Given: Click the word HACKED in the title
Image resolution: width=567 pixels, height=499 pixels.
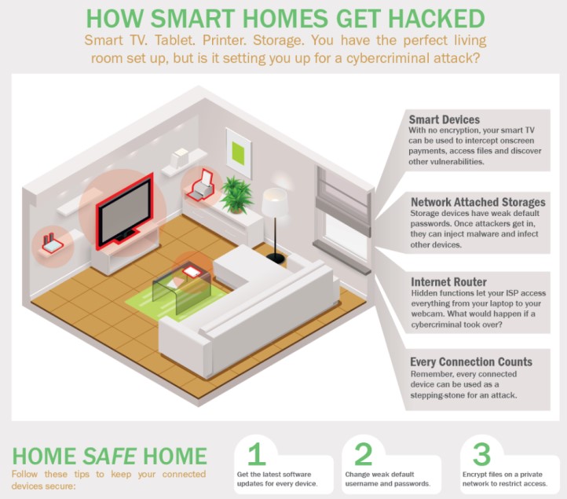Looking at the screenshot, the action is pyautogui.click(x=437, y=18).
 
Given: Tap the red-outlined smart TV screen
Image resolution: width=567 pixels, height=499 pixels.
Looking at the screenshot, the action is pyautogui.click(x=125, y=211).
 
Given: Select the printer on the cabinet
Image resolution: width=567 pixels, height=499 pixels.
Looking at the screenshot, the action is pyautogui.click(x=201, y=185).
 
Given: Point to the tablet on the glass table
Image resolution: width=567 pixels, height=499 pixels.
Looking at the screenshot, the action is pyautogui.click(x=191, y=271).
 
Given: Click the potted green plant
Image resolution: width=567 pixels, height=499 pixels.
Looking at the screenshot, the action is pyautogui.click(x=236, y=194).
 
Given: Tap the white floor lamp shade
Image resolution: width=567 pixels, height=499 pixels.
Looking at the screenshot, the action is pyautogui.click(x=274, y=202).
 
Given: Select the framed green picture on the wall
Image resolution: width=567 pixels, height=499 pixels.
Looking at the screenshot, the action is pyautogui.click(x=239, y=152).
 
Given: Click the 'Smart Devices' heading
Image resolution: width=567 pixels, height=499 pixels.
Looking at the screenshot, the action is pyautogui.click(x=444, y=119).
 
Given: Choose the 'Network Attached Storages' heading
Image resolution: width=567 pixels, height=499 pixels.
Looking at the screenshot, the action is pyautogui.click(x=477, y=202).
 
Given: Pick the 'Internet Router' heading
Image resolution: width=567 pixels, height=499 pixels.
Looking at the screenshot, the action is pyautogui.click(x=448, y=282).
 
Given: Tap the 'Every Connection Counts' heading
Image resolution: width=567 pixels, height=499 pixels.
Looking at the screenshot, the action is pyautogui.click(x=471, y=361).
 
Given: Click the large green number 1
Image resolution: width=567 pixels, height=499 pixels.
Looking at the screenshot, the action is pyautogui.click(x=256, y=453).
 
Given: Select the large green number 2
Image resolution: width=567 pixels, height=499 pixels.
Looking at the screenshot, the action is pyautogui.click(x=363, y=453).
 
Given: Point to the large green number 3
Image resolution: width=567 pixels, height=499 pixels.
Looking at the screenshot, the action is pyautogui.click(x=481, y=453).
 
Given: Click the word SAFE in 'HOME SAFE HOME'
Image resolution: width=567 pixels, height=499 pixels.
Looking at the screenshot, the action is pyautogui.click(x=109, y=456).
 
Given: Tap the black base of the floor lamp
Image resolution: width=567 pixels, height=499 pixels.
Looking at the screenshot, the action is pyautogui.click(x=275, y=258).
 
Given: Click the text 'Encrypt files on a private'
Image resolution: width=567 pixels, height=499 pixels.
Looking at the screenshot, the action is pyautogui.click(x=503, y=475).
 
